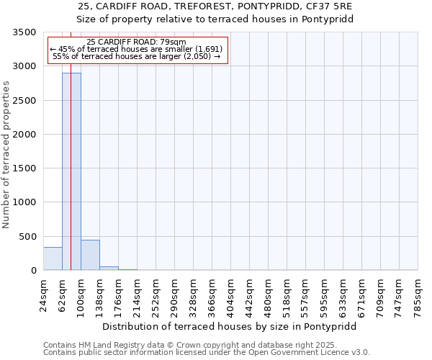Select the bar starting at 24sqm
coord(53,258)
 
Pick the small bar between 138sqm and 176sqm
coord(109,268)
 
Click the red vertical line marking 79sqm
coord(71,144)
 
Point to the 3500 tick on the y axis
coord(24,32)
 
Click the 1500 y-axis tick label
coord(24,168)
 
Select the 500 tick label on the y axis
coord(27,237)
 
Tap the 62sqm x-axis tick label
coord(62,296)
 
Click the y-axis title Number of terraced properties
coord(6,155)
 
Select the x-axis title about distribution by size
coord(230,326)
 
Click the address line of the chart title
coord(215,6)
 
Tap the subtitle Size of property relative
coord(215,19)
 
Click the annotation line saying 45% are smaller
coord(136,49)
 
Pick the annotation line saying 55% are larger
coord(136,56)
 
